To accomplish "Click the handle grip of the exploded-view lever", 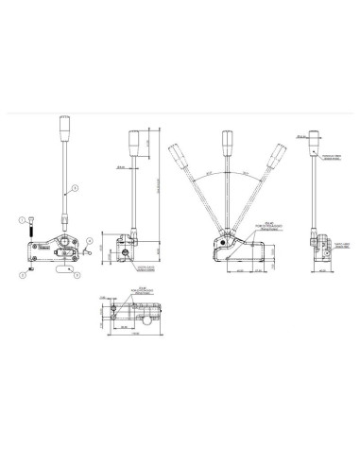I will [65, 128].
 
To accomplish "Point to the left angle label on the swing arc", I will [204, 176].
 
